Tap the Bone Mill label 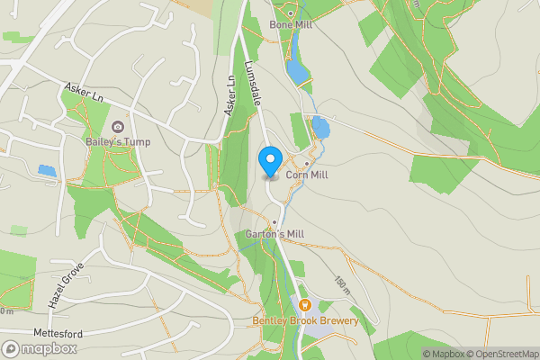point(291,25)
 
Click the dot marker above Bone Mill point(291,13)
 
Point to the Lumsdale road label point(253,85)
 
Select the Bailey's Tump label point(118,142)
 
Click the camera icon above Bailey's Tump point(118,128)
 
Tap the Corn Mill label point(307,175)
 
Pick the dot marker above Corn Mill point(307,164)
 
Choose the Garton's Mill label point(274,234)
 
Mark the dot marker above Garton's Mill point(274,222)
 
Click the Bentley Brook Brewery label point(305,320)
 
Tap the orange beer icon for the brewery point(304,306)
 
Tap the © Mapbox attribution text point(443,354)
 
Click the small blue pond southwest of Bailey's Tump point(46,169)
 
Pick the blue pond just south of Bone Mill point(295,70)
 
